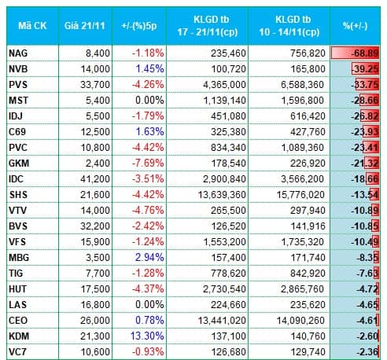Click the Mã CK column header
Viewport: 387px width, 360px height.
tap(32, 26)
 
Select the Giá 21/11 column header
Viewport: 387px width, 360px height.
tap(85, 26)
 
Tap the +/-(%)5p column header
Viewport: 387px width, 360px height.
tap(139, 26)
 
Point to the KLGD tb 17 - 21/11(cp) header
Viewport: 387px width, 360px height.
tap(208, 26)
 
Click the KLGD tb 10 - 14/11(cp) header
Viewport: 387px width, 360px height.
tap(289, 26)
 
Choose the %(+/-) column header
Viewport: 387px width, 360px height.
tap(356, 26)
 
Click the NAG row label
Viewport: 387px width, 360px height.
tap(18, 53)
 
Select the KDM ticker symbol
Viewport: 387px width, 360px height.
tap(19, 336)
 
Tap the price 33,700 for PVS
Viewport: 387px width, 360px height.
tap(95, 85)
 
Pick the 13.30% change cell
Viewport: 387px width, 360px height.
tap(147, 336)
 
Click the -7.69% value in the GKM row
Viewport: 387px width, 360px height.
tap(148, 163)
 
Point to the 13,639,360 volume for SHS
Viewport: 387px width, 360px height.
tap(222, 195)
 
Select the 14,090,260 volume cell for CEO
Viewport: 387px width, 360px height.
tap(300, 321)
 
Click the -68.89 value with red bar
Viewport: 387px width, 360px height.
tap(365, 53)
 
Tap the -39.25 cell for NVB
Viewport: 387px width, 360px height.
tap(365, 69)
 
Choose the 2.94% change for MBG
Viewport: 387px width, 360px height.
tap(149, 257)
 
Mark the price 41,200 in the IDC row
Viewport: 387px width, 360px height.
tap(95, 179)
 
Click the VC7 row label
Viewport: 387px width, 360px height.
tap(17, 352)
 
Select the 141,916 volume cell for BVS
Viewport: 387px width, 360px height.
tap(308, 226)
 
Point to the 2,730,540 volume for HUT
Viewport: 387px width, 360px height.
tap(224, 289)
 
